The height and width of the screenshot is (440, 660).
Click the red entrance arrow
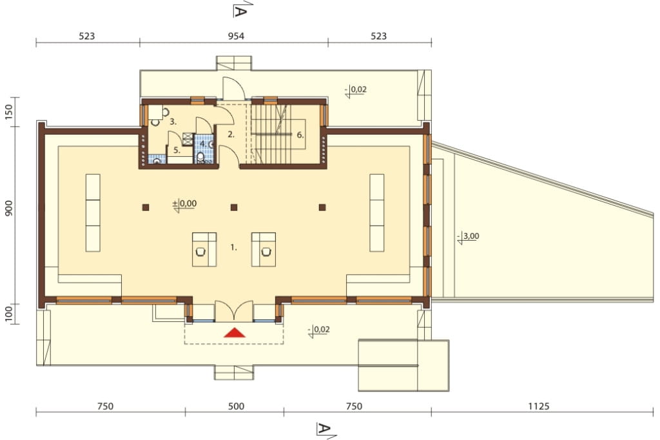pyautogui.click(x=235, y=333)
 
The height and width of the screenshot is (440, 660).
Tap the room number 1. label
pyautogui.click(x=233, y=248)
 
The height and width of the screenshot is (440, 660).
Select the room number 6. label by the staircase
pyautogui.click(x=300, y=135)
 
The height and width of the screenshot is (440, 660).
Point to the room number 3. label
pyautogui.click(x=173, y=122)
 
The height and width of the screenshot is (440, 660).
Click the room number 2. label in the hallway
pyautogui.click(x=231, y=135)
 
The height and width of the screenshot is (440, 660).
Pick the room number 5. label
pyautogui.click(x=177, y=150)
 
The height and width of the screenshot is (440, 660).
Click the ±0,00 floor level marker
pyautogui.click(x=184, y=205)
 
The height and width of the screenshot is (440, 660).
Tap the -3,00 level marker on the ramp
pyautogui.click(x=468, y=237)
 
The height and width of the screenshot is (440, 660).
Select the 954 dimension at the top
pyautogui.click(x=236, y=36)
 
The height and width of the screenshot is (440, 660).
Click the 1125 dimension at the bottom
pyautogui.click(x=539, y=406)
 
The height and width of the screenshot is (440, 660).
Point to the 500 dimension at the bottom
pyautogui.click(x=236, y=406)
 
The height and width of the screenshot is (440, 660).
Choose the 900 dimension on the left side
pyautogui.click(x=9, y=208)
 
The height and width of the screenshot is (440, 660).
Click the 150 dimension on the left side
pyautogui.click(x=9, y=112)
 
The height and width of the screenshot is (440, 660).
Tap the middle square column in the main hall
pyautogui.click(x=234, y=207)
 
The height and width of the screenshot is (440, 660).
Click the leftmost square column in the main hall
pyautogui.click(x=146, y=207)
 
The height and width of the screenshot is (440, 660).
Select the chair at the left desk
pyautogui.click(x=201, y=252)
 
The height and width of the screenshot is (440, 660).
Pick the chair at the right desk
pyautogui.click(x=266, y=252)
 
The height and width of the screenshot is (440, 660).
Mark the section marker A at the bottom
pyautogui.click(x=324, y=430)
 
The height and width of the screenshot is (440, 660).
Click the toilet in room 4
pyautogui.click(x=200, y=158)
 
